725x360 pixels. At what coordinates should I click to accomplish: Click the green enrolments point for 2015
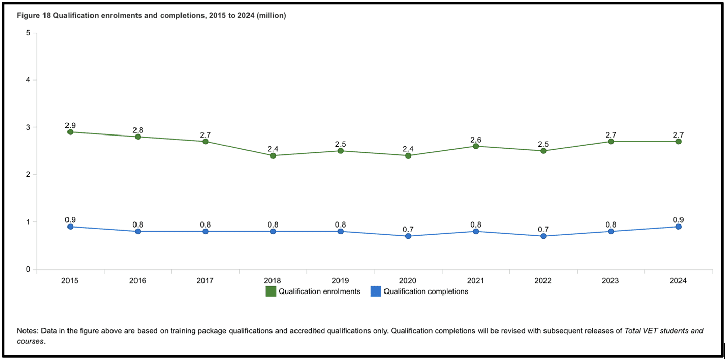pyautogui.click(x=70, y=132)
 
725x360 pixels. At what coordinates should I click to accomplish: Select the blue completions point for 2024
pyautogui.click(x=678, y=227)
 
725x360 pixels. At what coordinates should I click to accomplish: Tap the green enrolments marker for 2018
pyautogui.click(x=273, y=155)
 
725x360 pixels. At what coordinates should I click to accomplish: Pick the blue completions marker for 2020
pyautogui.click(x=408, y=236)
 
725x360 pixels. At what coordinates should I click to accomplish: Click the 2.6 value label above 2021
pyautogui.click(x=475, y=140)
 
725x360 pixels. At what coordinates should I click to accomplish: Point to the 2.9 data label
pyautogui.click(x=70, y=125)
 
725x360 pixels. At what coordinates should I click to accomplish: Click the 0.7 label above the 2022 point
pyautogui.click(x=543, y=230)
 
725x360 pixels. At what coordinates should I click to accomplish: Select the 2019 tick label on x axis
pyautogui.click(x=340, y=280)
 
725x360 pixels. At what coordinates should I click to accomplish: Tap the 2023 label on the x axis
pyautogui.click(x=610, y=280)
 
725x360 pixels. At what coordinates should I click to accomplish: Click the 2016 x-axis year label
pyautogui.click(x=138, y=280)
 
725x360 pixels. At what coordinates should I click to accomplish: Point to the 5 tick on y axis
pyautogui.click(x=28, y=33)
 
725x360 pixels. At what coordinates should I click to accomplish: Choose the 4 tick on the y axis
pyautogui.click(x=28, y=80)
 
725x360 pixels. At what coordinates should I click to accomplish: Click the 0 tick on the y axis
pyautogui.click(x=28, y=269)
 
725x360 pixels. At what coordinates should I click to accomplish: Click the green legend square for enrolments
pyautogui.click(x=270, y=291)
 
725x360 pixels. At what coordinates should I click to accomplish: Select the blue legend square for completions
pyautogui.click(x=376, y=291)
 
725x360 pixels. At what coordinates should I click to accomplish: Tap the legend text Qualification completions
pyautogui.click(x=426, y=291)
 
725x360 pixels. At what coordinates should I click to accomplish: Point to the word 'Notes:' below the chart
pyautogui.click(x=28, y=331)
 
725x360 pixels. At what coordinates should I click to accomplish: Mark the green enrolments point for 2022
pyautogui.click(x=543, y=151)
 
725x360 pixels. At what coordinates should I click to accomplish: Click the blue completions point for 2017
pyautogui.click(x=206, y=231)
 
